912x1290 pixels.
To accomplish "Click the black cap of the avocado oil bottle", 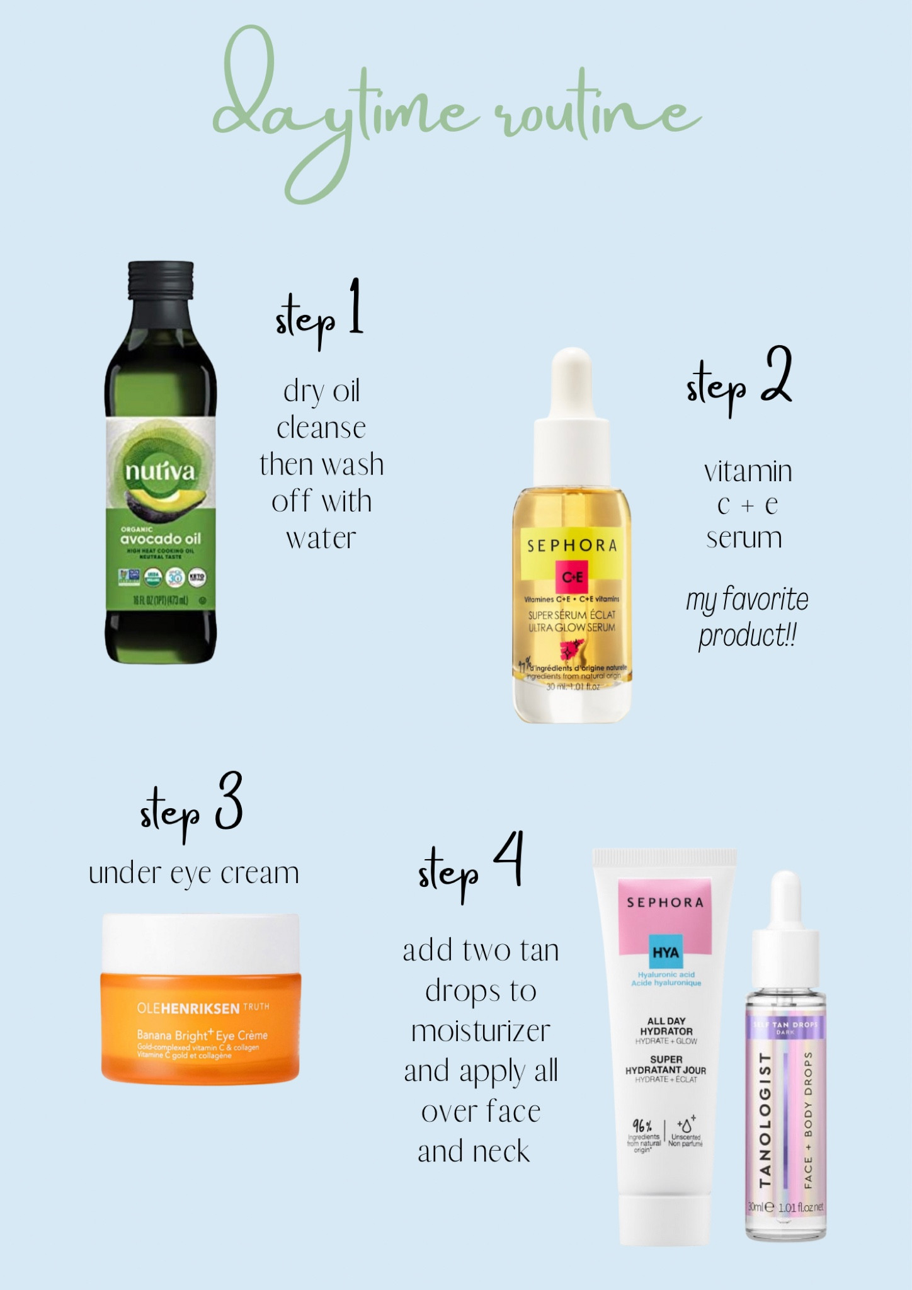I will pos(161,280).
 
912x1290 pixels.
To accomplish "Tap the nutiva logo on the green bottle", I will pos(160,471).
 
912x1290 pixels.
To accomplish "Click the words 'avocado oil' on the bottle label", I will pos(161,539).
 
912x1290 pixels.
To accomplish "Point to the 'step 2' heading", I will pos(738,381).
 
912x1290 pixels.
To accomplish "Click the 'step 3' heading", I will pos(191,808).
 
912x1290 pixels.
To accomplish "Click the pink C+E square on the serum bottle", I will pos(572,577).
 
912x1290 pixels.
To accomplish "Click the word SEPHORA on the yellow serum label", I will pos(572,545).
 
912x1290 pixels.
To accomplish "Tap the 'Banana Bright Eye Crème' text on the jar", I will pos(202,1035).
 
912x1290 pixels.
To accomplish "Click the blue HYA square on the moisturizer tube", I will pos(666,952).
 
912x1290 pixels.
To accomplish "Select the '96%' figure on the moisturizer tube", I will pos(642,1125).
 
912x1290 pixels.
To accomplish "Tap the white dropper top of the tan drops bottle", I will pos(785,901).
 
